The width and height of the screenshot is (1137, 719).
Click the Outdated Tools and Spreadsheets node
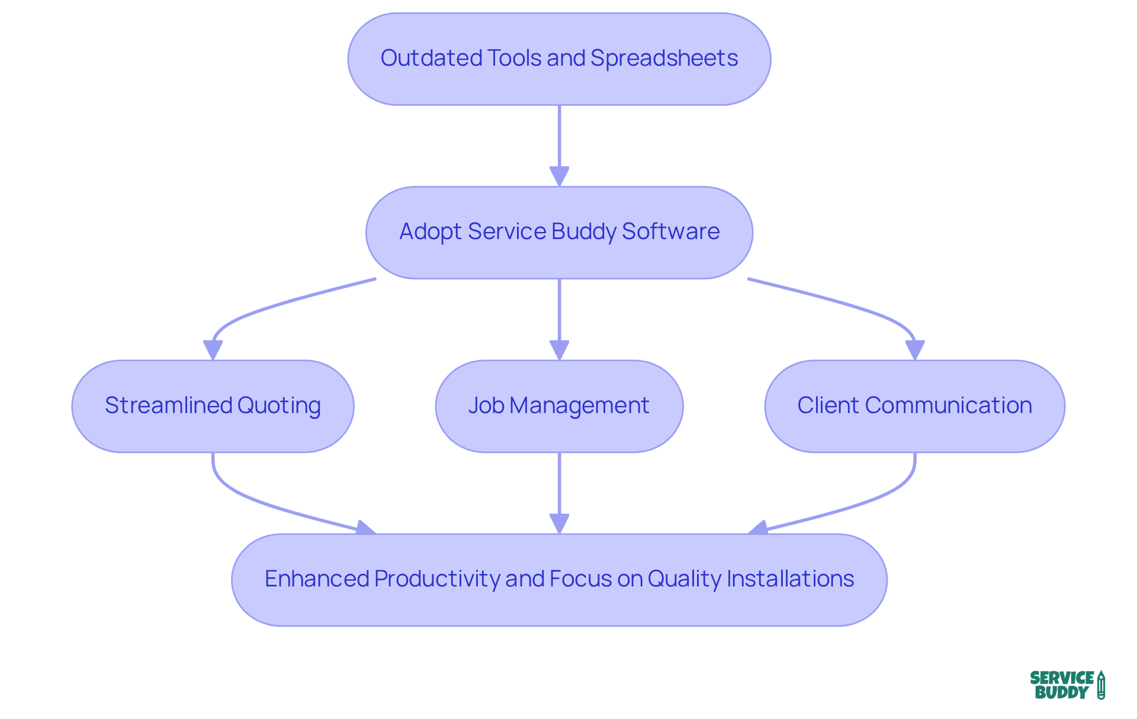pyautogui.click(x=559, y=59)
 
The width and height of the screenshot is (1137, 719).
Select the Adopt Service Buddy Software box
pyautogui.click(x=559, y=233)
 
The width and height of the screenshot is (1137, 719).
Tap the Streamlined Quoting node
pyautogui.click(x=213, y=406)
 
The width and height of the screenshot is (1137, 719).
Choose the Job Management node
pyautogui.click(x=559, y=406)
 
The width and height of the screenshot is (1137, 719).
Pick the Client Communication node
pyautogui.click(x=914, y=406)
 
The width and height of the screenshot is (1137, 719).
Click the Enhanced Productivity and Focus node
pyautogui.click(x=559, y=579)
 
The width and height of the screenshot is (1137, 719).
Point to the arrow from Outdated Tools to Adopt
pyautogui.click(x=559, y=142)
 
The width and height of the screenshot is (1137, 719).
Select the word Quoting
pyautogui.click(x=279, y=405)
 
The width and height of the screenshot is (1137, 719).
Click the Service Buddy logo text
pyautogui.click(x=1061, y=685)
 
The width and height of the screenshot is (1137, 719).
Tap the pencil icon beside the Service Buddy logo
pyautogui.click(x=1101, y=685)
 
